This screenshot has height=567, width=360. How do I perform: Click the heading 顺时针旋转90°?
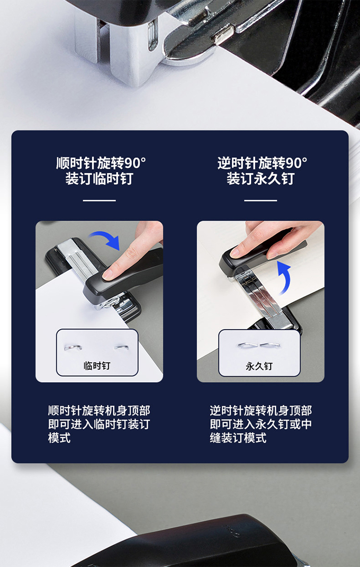(x=101, y=163)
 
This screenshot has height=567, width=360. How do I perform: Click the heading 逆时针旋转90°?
(x=262, y=163)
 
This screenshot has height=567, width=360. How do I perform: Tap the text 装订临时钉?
(x=99, y=178)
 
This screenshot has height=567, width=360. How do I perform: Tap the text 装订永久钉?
(x=261, y=178)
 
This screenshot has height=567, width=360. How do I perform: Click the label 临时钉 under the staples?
(x=97, y=366)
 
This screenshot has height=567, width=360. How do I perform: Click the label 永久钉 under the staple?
(x=259, y=366)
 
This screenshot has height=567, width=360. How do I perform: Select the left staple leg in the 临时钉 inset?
(x=73, y=347)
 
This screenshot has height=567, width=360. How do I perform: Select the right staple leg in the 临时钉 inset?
(x=121, y=347)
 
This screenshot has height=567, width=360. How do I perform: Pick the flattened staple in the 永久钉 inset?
(x=259, y=345)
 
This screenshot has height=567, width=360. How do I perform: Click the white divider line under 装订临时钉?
(x=99, y=201)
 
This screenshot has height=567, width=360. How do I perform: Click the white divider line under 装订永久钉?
(x=261, y=201)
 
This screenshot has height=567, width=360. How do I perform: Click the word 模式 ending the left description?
(x=60, y=438)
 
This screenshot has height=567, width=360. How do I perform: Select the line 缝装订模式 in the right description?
(x=238, y=438)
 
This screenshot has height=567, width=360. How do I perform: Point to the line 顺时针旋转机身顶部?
(x=99, y=411)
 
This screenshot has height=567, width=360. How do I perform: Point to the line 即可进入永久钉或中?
(x=261, y=424)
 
